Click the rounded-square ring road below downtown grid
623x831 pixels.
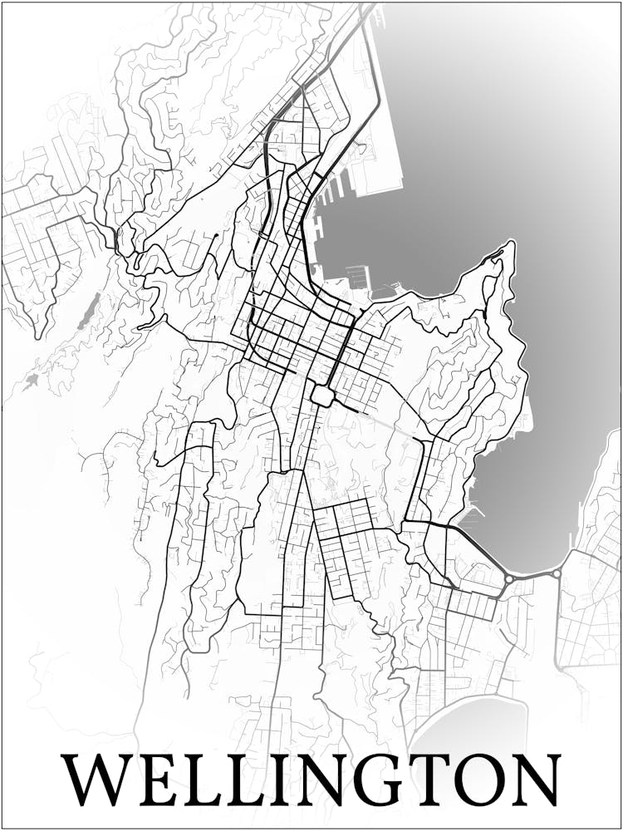pos(322,395)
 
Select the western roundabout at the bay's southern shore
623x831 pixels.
pos(508,578)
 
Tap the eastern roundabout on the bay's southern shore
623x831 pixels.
pos(557,573)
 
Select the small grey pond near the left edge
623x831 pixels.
pos(32,381)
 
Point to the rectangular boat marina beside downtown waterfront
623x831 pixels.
pos(356,275)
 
